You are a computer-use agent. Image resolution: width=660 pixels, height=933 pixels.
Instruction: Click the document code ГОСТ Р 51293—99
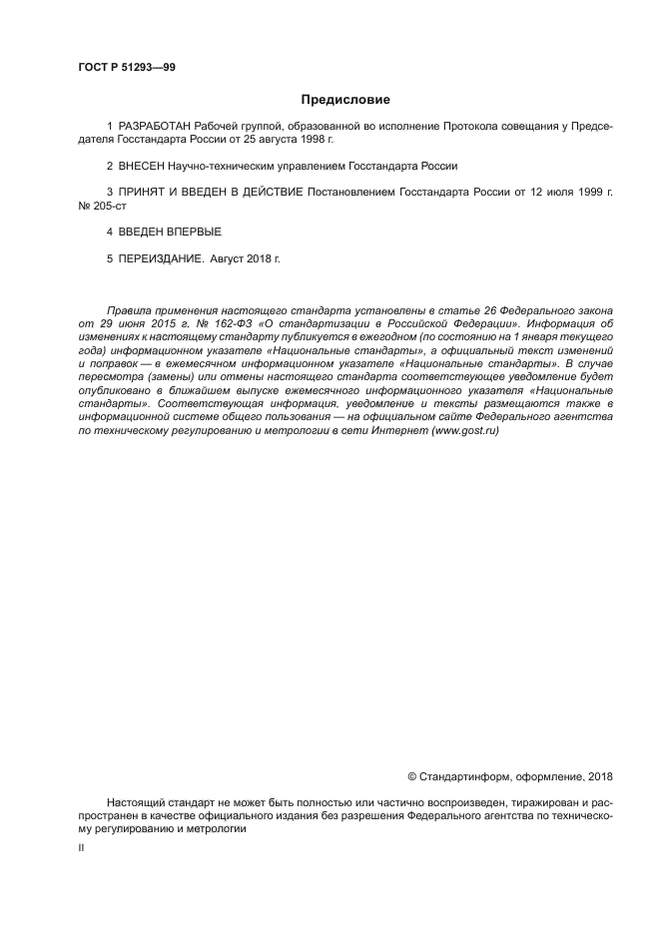click(x=126, y=67)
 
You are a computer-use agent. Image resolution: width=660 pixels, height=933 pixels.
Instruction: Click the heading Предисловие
click(x=344, y=100)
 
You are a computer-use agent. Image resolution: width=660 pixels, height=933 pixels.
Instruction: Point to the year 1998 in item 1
click(x=313, y=140)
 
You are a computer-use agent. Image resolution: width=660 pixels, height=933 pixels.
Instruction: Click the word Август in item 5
click(x=231, y=258)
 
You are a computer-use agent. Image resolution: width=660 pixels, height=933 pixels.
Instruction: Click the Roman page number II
click(x=82, y=846)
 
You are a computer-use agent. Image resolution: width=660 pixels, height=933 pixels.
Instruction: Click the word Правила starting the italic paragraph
click(x=130, y=312)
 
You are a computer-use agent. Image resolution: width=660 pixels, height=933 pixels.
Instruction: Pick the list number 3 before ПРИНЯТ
click(x=109, y=191)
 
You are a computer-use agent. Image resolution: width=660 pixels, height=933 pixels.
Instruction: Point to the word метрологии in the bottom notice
click(x=215, y=828)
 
